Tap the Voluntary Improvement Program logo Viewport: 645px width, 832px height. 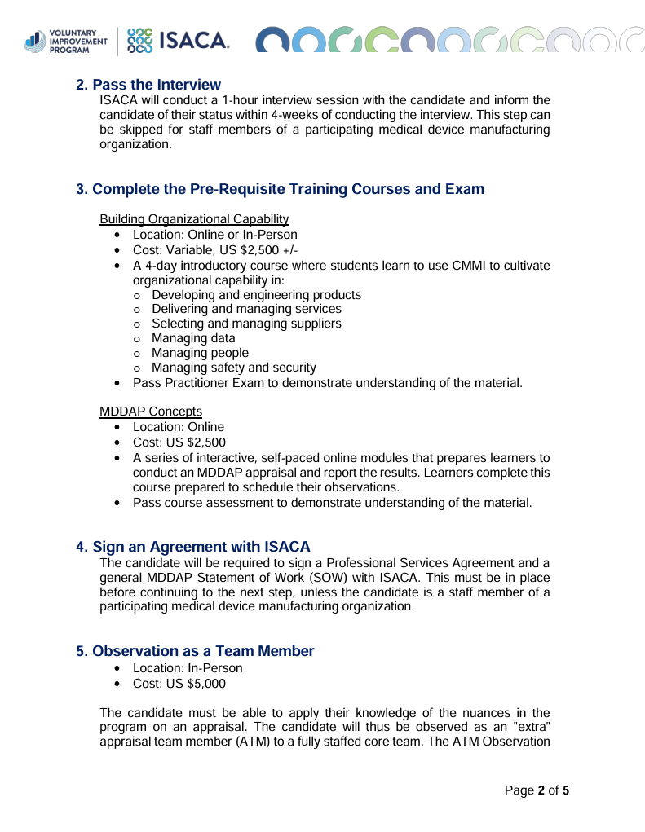[x=66, y=40]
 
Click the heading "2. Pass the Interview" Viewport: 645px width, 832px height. [x=148, y=85]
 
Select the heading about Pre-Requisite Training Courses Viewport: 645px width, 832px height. [x=280, y=189]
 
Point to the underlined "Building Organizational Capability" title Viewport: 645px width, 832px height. [x=193, y=218]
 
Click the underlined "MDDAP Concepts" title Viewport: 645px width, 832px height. [x=151, y=411]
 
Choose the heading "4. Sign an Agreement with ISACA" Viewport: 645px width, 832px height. [x=193, y=546]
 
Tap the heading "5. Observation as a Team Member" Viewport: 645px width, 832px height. [x=195, y=651]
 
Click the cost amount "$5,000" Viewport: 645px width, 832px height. [x=206, y=684]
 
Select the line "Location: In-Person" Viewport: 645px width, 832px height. [x=188, y=668]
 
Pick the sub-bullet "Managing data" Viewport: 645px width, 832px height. [x=193, y=338]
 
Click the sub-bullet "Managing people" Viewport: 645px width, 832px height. [x=200, y=353]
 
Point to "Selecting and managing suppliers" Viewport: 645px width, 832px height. [x=246, y=324]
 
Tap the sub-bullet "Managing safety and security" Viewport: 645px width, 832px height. [x=234, y=368]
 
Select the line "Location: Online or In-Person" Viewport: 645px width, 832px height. [x=214, y=235]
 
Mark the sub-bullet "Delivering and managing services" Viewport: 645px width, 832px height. [x=246, y=309]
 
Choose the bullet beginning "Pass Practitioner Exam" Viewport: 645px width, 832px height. [x=327, y=382]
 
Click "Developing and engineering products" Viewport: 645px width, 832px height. [x=256, y=294]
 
